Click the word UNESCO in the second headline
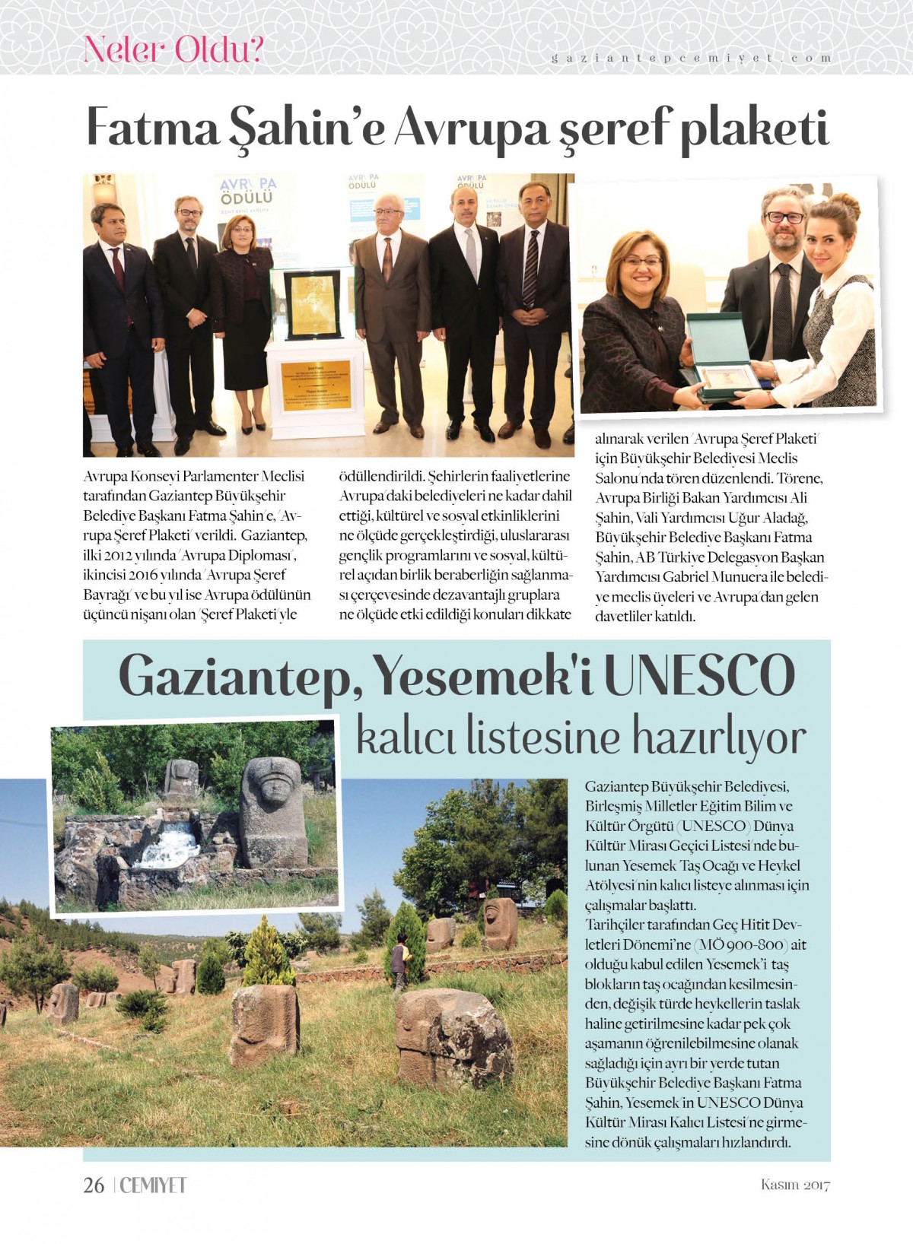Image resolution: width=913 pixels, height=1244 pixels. click(699, 675)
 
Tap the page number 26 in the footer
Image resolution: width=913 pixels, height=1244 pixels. click(94, 1185)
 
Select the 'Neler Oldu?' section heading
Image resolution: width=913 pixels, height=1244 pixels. click(173, 50)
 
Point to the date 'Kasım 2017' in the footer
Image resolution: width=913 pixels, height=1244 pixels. click(795, 1185)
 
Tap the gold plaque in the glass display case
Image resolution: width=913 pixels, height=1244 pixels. click(311, 304)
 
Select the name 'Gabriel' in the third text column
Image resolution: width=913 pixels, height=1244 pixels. click(688, 577)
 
